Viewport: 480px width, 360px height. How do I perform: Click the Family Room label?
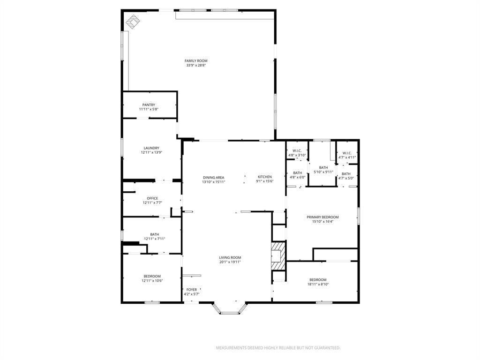[196, 61]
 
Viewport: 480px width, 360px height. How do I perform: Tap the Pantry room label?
[149, 105]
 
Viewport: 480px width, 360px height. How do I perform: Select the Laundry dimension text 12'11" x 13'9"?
[151, 153]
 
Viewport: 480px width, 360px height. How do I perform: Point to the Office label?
[152, 198]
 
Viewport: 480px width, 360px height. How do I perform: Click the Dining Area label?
[213, 178]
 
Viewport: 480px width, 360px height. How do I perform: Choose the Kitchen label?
[264, 177]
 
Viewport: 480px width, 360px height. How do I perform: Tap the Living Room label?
[230, 257]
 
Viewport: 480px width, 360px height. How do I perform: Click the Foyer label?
[192, 290]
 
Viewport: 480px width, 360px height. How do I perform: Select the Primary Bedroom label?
[322, 217]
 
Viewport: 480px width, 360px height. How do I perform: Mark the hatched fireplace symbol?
[278, 256]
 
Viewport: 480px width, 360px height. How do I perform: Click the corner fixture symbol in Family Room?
[133, 22]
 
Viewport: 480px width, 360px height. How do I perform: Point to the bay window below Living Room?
[230, 309]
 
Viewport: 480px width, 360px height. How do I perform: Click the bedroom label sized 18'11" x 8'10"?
[318, 280]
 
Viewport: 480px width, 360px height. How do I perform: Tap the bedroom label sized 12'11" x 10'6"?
[152, 276]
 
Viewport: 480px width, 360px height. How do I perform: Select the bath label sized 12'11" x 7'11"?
[154, 234]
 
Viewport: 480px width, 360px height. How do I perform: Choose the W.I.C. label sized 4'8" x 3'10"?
[296, 151]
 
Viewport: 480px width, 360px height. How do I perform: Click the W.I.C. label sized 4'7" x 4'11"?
[347, 153]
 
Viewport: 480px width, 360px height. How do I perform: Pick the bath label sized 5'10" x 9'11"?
[323, 167]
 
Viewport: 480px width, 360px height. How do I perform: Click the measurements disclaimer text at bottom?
[278, 348]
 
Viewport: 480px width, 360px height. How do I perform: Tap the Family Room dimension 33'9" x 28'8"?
[196, 66]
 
